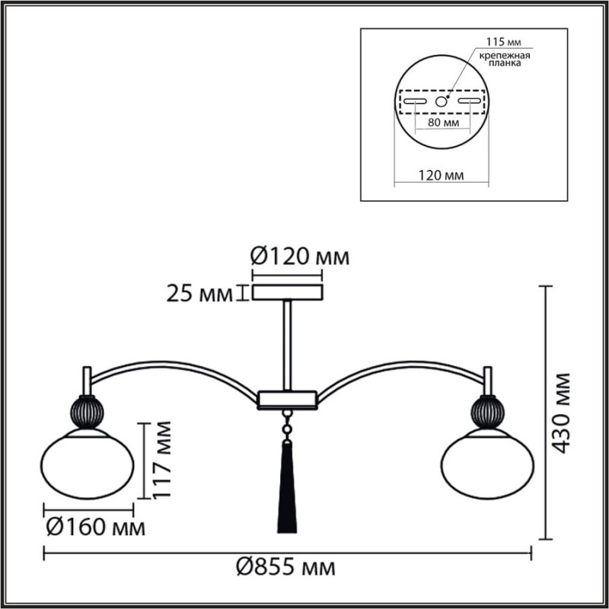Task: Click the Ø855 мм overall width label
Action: click(285, 568)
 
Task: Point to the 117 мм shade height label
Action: click(160, 461)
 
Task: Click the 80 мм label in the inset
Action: click(442, 121)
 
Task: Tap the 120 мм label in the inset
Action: click(442, 175)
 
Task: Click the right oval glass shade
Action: click(487, 461)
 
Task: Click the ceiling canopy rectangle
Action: click(287, 292)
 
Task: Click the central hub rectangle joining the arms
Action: click(287, 398)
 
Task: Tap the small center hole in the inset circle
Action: click(441, 100)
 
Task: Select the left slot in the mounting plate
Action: click(415, 100)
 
